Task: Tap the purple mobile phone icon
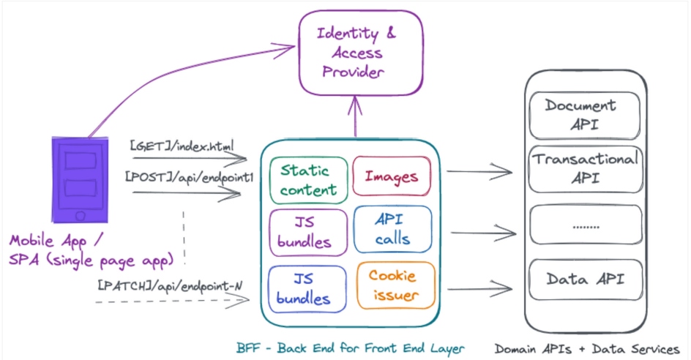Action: tap(79, 179)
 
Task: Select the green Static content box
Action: tap(307, 179)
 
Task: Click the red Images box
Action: tap(391, 176)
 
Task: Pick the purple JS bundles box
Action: tap(307, 232)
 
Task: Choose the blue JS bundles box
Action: tap(307, 288)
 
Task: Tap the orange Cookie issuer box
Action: tap(395, 285)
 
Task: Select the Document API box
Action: tap(584, 115)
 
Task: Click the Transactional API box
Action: tap(584, 168)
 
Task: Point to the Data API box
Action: tap(584, 280)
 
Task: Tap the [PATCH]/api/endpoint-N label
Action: tap(169, 285)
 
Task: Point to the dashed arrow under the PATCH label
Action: tap(176, 301)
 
